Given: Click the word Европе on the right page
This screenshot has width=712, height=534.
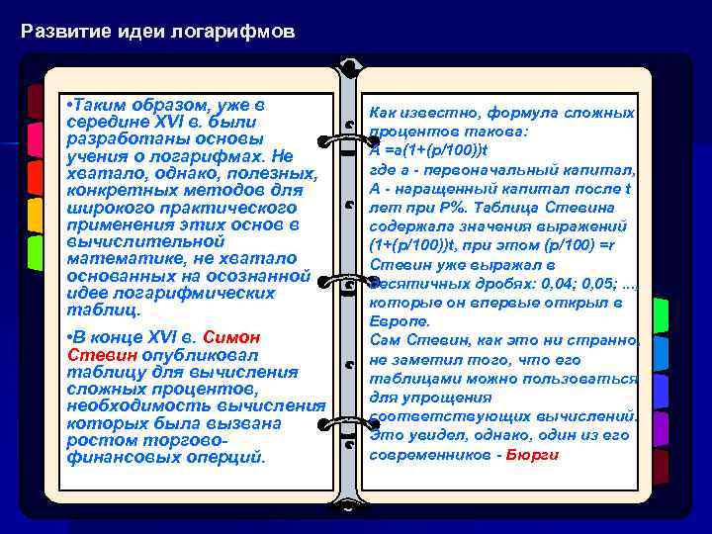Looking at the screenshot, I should [399, 321].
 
